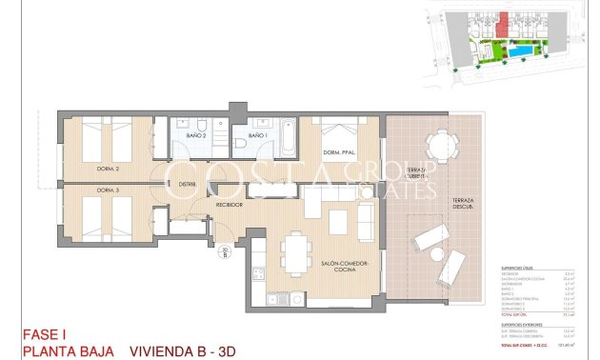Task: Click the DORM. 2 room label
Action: (108, 169)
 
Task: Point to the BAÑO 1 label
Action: (256, 136)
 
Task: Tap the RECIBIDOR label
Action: (229, 204)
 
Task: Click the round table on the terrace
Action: (439, 147)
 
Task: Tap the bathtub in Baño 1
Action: (286, 139)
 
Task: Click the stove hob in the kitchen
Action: (256, 275)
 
